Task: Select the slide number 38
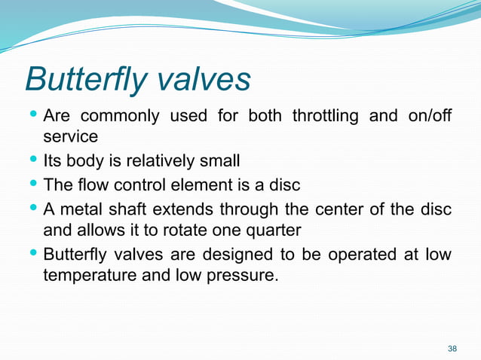pos(452,348)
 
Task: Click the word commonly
pos(121,117)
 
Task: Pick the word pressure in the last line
pos(244,276)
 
